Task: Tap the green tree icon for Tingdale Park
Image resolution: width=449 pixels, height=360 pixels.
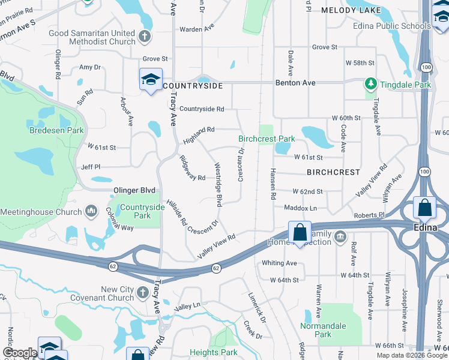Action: click(371, 85)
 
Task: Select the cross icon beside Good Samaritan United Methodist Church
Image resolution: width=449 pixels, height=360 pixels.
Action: click(144, 37)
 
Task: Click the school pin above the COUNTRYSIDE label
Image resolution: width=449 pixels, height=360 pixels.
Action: click(151, 79)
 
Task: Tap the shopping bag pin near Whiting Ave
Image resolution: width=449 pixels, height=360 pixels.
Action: click(299, 232)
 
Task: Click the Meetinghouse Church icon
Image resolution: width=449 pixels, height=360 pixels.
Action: click(91, 211)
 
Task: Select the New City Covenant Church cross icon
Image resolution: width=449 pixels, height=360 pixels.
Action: click(143, 293)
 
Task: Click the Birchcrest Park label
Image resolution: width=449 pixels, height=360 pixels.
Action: click(267, 139)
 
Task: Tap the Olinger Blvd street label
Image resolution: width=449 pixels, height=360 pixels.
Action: click(134, 190)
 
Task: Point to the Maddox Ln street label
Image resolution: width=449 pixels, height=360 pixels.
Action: click(300, 208)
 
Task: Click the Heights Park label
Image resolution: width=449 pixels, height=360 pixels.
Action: click(213, 352)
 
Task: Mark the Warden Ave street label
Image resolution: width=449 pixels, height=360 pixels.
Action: click(197, 28)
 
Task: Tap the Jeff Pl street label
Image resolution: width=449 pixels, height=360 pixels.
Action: click(91, 167)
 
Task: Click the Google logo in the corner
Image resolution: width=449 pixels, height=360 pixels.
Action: click(19, 353)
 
